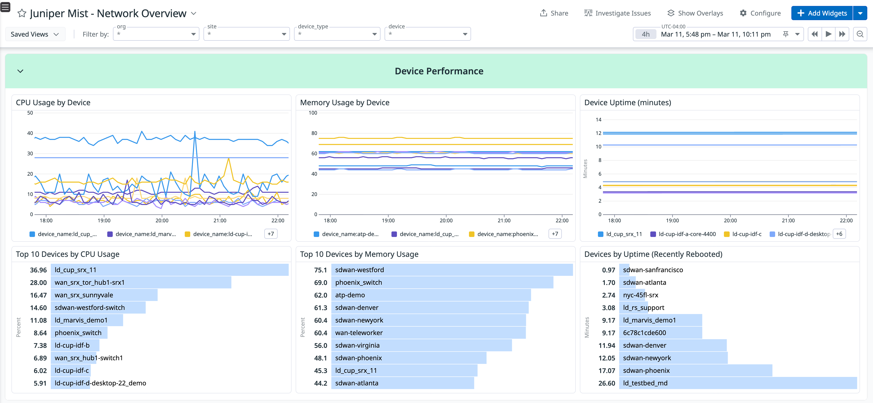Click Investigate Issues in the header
tap(617, 13)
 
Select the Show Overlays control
tap(695, 13)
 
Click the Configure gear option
tap(760, 13)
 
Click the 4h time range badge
tap(645, 34)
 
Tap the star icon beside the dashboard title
tap(22, 13)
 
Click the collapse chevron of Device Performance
tap(20, 71)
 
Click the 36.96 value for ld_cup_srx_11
tap(38, 270)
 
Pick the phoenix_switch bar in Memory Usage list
tap(442, 282)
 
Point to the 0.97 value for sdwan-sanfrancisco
tap(608, 270)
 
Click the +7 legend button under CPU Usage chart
tap(270, 234)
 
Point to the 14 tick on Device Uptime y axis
tap(598, 120)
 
